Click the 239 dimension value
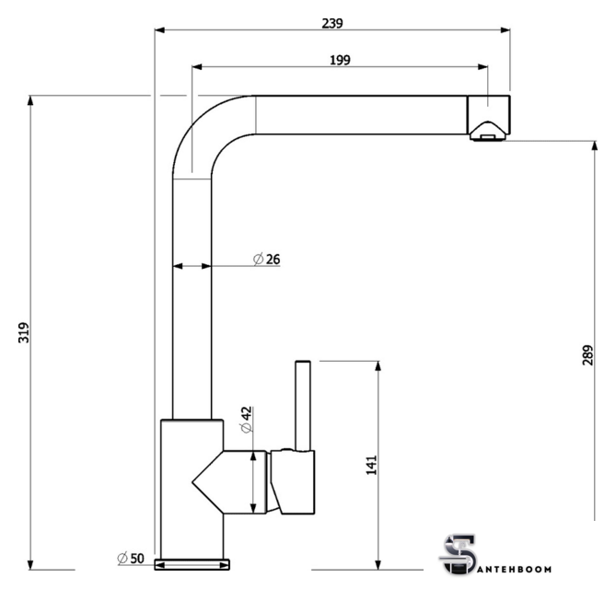click(332, 24)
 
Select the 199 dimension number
click(340, 60)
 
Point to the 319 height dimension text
click(24, 332)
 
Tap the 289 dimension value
click(587, 355)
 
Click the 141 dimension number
click(372, 465)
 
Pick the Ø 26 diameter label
click(267, 260)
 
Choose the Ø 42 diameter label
click(247, 420)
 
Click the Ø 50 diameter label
click(131, 558)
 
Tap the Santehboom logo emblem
click(458, 554)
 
